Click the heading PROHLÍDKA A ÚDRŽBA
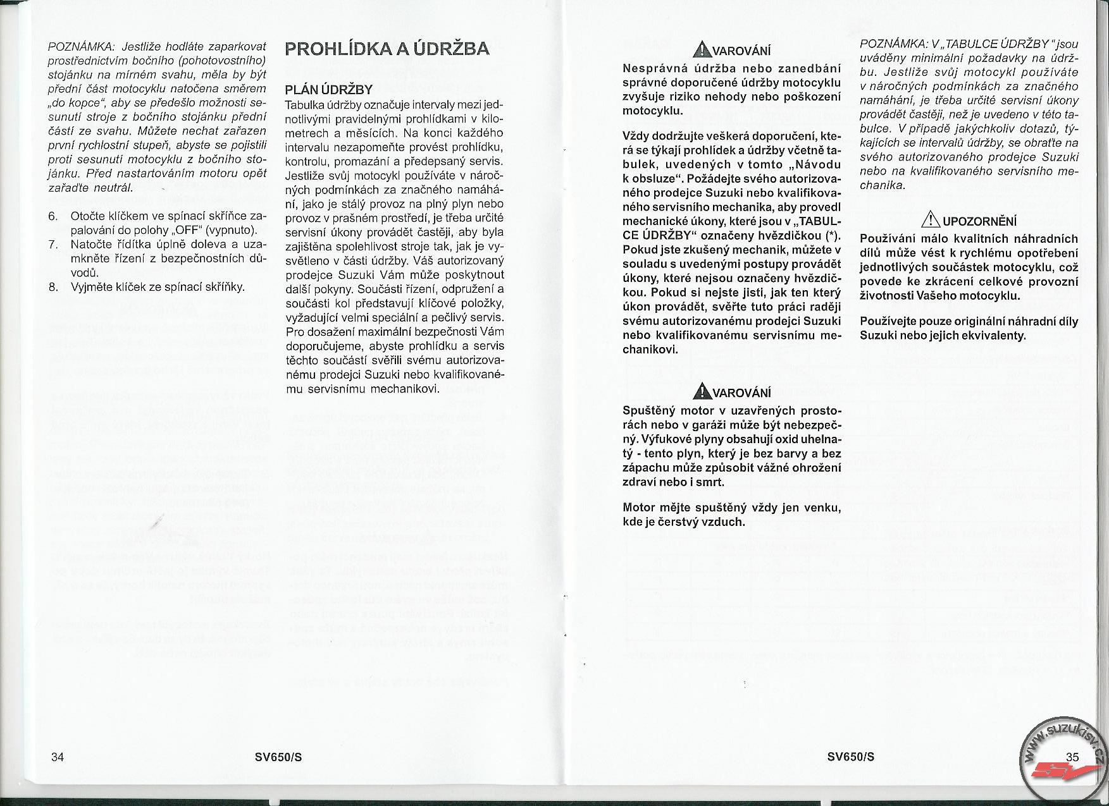(387, 49)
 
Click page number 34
(57, 757)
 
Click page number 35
(1072, 757)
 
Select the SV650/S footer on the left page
(278, 757)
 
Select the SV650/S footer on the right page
(851, 757)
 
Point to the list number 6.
(54, 216)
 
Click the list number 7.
(54, 245)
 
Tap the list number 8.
(54, 287)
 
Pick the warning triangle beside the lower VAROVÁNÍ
(700, 392)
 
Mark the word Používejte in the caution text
(886, 321)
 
